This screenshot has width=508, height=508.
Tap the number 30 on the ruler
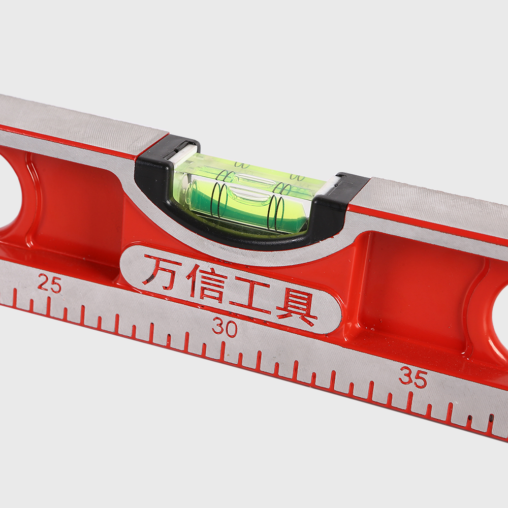(x=225, y=328)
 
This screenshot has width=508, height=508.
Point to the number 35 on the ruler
(x=413, y=378)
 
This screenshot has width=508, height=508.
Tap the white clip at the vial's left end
(x=183, y=151)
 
